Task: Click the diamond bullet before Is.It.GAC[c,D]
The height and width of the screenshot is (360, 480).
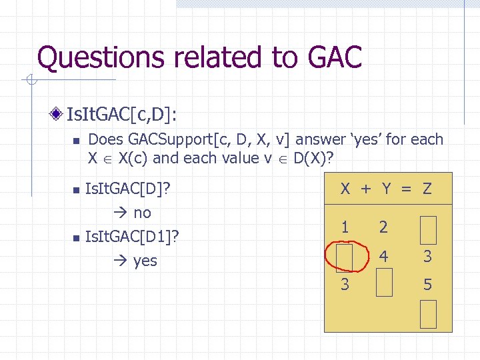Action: pos(61,114)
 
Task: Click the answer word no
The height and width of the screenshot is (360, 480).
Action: pos(143,213)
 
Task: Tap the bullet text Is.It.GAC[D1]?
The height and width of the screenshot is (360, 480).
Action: pos(133,236)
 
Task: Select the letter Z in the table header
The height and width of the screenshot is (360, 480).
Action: pos(427,189)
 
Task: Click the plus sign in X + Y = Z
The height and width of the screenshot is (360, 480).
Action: pos(365,189)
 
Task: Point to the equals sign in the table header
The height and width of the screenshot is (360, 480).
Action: pos(405,189)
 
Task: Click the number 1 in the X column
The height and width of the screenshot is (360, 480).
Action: pos(345,227)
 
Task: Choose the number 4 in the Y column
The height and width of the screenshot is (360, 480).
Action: pos(384,256)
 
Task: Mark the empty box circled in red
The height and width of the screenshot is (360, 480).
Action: pos(345,256)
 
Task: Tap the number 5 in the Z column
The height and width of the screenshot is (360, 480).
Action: pos(428,285)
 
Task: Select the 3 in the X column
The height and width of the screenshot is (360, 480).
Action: pos(345,285)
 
